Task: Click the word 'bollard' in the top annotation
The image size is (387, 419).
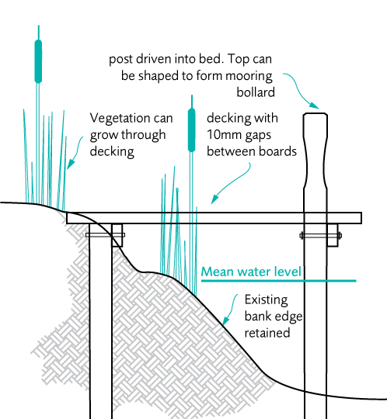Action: [x=256, y=92]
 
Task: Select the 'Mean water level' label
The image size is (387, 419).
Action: [x=251, y=272]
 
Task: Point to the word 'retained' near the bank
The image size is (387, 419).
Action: [x=267, y=333]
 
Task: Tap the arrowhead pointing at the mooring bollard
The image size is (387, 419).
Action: [x=315, y=105]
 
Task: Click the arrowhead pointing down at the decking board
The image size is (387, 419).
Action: [x=214, y=199]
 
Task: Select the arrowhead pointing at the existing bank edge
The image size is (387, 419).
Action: [x=226, y=320]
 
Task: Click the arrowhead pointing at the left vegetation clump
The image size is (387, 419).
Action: [x=70, y=164]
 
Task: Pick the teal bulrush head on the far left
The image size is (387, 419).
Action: [x=38, y=61]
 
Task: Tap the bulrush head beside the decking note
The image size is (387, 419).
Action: [x=192, y=130]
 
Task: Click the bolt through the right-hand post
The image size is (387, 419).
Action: [x=321, y=236]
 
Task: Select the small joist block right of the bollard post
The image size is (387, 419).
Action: [x=333, y=235]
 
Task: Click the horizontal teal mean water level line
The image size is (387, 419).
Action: [x=279, y=281]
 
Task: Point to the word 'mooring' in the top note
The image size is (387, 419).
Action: [x=249, y=76]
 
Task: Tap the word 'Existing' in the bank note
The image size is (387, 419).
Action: [x=267, y=300]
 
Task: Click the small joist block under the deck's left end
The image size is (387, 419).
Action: [x=117, y=235]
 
